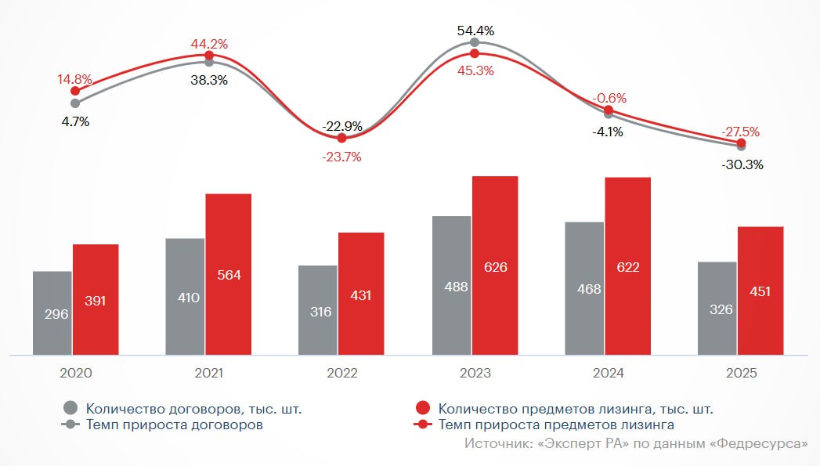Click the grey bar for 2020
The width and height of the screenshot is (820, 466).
coord(52,313)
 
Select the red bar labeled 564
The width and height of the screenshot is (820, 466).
coord(228,274)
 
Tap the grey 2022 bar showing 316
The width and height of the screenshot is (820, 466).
coord(317,310)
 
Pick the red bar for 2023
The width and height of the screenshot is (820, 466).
coord(494,266)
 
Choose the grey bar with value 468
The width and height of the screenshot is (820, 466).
coord(583,288)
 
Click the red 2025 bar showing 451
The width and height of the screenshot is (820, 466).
coord(760,291)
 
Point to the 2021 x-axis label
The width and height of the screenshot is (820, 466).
coord(208,374)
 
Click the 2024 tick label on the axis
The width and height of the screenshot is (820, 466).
coord(608,374)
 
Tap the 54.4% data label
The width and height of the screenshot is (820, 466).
coord(476,31)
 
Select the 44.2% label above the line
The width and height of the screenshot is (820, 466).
coord(209,44)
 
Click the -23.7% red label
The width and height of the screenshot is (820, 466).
coord(341,157)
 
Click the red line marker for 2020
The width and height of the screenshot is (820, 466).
coord(75,91)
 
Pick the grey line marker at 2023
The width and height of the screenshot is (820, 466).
coord(475,42)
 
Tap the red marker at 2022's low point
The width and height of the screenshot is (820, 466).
coord(341,138)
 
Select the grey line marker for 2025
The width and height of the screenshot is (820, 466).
coord(742,146)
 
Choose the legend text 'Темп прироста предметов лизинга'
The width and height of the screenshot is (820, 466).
coord(556,424)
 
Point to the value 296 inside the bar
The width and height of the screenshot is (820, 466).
coord(56,313)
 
